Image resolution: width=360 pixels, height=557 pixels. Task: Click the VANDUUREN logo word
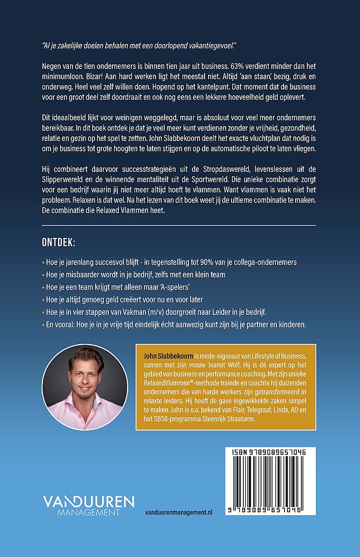coord(89,501)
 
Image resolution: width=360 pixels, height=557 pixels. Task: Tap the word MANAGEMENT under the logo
coord(81,512)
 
